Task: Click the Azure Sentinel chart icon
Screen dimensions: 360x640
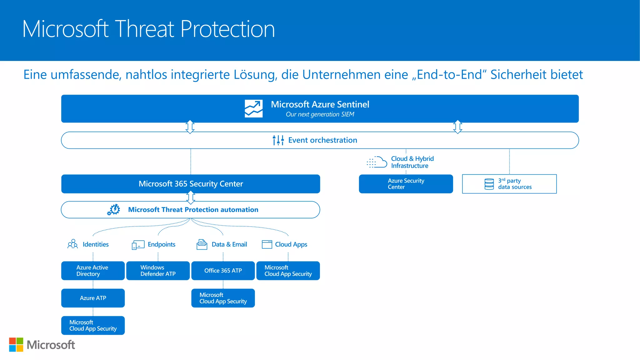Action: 253,109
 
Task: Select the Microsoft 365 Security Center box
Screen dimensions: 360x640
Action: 191,184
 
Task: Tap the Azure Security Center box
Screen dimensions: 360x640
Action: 406,184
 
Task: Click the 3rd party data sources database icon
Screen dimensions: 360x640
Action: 489,184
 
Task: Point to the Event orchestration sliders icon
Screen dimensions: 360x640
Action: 278,140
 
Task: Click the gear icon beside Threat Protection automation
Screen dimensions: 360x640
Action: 114,210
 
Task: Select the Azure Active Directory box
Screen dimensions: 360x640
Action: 93,271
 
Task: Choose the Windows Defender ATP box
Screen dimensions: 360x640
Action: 158,271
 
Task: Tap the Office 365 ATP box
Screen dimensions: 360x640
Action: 223,271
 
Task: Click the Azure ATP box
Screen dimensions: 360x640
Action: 93,298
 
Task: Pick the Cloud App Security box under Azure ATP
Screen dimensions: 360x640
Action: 93,325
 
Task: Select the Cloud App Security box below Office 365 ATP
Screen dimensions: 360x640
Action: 223,298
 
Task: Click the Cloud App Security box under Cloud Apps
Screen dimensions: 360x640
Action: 288,271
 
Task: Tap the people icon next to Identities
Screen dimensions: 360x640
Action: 72,244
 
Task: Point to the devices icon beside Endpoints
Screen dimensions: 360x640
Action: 138,245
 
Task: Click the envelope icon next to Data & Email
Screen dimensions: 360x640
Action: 202,244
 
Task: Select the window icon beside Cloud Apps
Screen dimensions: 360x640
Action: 267,244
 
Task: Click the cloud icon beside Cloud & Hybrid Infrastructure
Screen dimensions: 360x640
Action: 377,162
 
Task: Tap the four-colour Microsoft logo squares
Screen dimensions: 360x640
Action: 16,345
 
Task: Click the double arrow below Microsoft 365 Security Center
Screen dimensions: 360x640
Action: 191,197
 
